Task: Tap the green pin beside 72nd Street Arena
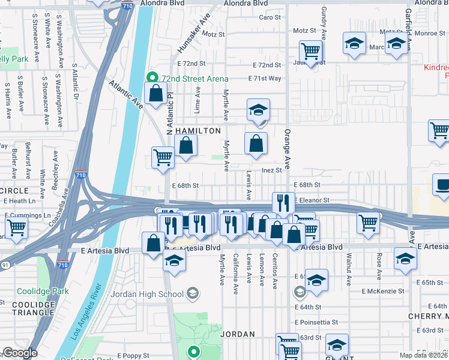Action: tap(152, 78)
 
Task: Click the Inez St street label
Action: tap(271, 170)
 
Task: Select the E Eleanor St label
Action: tap(312, 200)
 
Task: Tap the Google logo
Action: tap(20, 353)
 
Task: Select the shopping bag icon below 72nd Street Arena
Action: tap(156, 94)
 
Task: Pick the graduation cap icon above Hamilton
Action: tap(259, 110)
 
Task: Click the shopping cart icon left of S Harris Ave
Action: tap(16, 227)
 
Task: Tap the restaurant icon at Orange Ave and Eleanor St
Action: tap(283, 203)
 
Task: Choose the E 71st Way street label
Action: tap(265, 79)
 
